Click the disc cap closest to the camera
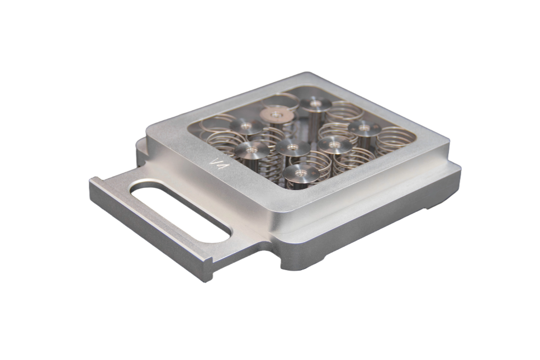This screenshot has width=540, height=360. (x=301, y=173)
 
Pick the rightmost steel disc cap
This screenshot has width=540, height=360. (x=364, y=128)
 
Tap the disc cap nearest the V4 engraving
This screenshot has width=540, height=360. (x=252, y=149)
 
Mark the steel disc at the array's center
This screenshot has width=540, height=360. (x=293, y=146)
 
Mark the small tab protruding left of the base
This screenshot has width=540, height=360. (x=140, y=146)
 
